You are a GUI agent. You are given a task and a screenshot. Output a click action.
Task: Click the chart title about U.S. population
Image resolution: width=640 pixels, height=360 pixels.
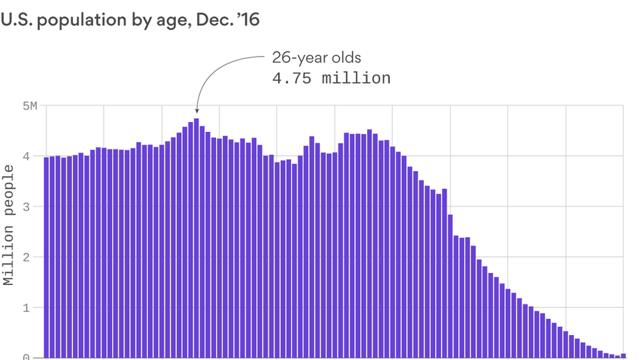130,20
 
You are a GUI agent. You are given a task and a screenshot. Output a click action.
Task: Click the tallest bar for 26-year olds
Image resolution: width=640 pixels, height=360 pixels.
196,233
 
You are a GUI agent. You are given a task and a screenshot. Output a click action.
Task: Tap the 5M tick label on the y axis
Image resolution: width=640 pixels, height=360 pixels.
30,106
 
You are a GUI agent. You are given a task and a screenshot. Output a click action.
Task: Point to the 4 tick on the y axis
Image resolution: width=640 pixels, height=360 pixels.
26,156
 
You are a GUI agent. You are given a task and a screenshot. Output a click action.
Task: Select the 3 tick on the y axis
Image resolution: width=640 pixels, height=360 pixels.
26,207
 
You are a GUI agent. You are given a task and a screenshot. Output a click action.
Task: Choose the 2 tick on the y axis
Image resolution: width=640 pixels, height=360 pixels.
26,257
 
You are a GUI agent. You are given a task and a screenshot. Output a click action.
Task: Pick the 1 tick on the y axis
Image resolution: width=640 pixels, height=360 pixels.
26,308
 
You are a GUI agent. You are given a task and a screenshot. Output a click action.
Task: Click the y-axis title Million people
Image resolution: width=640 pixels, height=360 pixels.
9,225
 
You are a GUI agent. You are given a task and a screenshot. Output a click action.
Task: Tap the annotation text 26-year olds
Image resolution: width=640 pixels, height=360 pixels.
316,58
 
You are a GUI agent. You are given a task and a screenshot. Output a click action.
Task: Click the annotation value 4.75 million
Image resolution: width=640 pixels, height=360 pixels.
331,79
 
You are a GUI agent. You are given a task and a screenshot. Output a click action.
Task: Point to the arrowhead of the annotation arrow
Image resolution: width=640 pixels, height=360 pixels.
197,111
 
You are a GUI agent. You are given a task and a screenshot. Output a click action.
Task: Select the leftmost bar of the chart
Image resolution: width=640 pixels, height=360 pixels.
46,257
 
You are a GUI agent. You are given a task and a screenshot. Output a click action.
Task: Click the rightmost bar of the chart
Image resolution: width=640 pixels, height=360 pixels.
623,356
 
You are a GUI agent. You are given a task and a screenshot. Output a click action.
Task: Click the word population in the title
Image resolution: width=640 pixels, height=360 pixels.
82,20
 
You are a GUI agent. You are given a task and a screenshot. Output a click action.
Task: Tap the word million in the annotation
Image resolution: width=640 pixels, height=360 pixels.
356,79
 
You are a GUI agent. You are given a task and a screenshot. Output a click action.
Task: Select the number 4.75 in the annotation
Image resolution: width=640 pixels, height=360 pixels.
292,79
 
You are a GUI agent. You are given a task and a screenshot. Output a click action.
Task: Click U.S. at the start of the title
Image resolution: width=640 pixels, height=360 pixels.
17,20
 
